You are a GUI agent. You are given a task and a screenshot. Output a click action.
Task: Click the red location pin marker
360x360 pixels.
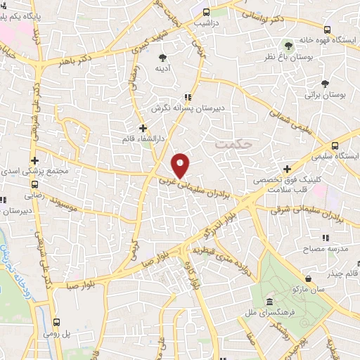[181, 165]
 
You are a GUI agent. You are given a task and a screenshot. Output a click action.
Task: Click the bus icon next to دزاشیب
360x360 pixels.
[206, 12]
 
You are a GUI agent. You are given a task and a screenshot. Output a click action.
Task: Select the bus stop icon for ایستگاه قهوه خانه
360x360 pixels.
[327, 29]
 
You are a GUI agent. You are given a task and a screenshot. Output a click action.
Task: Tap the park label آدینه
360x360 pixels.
[163, 69]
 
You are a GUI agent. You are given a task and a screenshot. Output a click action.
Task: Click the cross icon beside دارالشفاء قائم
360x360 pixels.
[143, 128]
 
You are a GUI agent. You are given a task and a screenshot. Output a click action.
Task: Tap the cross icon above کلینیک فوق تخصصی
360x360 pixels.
[287, 168]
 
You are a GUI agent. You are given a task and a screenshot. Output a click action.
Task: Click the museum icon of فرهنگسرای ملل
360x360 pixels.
[269, 302]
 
